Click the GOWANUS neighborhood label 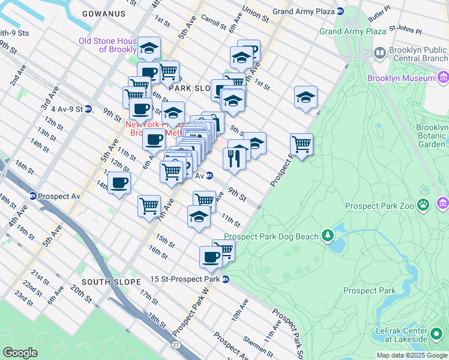(x=104, y=13)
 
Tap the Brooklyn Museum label (x=401, y=78)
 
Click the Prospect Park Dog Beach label (x=271, y=237)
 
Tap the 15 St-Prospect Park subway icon (x=226, y=279)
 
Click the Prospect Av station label (x=59, y=196)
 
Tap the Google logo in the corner (x=20, y=353)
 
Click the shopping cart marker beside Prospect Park (x=301, y=144)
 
